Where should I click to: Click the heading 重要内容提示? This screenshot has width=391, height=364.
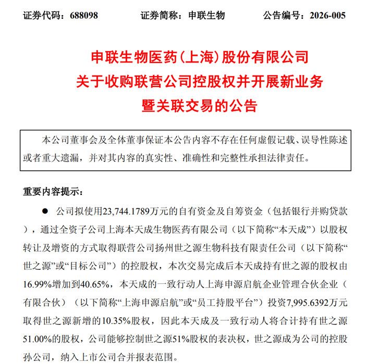(x=52, y=191)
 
